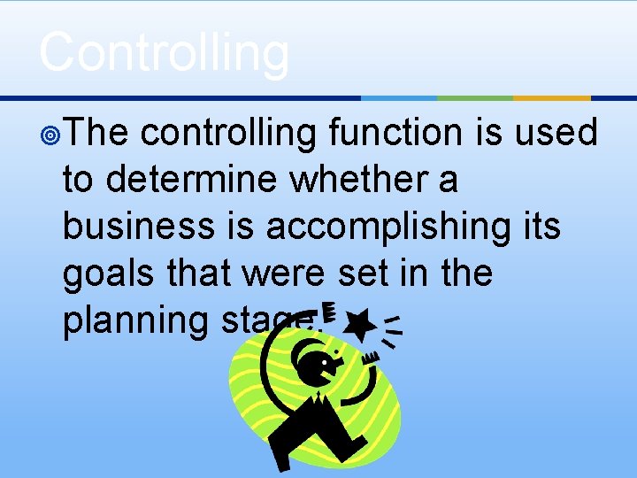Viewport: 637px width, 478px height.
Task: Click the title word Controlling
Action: tap(164, 51)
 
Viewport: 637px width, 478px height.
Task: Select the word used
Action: tap(556, 133)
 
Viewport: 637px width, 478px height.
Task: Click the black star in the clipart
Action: tap(357, 325)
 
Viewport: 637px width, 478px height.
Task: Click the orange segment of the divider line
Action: tap(551, 97)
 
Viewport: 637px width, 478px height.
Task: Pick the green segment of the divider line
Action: tap(475, 97)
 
